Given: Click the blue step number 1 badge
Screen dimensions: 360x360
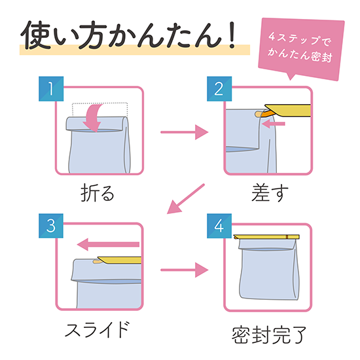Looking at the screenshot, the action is tap(51, 89).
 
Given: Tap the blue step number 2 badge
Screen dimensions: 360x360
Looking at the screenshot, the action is tap(219, 89).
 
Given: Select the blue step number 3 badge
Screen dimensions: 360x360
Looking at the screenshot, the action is tap(51, 226).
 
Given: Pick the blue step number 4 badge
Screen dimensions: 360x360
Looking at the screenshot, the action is tap(219, 226).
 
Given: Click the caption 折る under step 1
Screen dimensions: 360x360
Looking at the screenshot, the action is tap(98, 192).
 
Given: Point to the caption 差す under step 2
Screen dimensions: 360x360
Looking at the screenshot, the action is tap(270, 192).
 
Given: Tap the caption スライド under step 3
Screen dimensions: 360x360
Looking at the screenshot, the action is tap(97, 329).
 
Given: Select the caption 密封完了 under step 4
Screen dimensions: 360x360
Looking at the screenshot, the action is tap(269, 335).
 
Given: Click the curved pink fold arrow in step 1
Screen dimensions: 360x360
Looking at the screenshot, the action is tap(93, 118).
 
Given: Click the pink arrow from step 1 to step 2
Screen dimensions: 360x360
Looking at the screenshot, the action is tap(185, 132).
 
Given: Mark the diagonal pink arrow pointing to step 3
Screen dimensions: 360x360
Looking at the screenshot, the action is tap(185, 199).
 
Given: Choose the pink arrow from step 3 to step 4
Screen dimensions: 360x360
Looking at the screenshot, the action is tap(185, 270).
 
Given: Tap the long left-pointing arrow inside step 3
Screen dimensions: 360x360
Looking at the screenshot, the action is tap(108, 245).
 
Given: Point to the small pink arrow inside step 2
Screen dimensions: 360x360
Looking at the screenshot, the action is tap(273, 124).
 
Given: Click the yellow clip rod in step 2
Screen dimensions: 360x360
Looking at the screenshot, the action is tap(287, 110).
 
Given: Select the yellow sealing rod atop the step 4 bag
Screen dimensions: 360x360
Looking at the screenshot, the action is tap(266, 237).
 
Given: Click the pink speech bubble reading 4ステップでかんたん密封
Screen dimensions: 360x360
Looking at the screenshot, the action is tap(301, 48).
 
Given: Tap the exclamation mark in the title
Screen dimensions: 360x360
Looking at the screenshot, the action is tap(232, 35).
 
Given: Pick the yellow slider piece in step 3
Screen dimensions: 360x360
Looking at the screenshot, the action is tap(119, 260).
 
